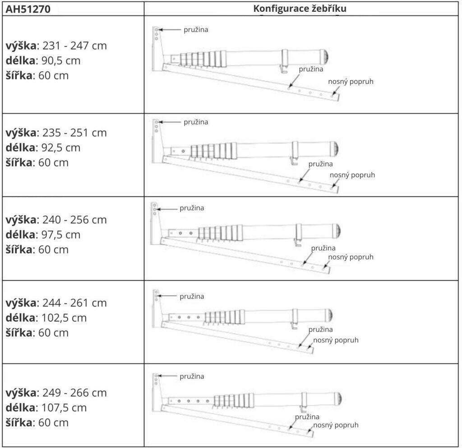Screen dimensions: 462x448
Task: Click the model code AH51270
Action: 28,9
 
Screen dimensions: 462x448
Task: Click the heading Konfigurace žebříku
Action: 300,9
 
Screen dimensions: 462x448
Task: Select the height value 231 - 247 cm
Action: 74,46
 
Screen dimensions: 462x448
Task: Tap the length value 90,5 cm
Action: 61,60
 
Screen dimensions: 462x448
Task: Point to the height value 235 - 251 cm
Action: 74,133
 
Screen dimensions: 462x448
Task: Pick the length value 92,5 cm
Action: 61,148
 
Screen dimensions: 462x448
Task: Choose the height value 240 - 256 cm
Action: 74,220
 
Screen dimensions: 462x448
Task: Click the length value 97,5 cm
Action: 61,235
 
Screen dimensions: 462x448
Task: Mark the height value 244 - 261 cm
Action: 74,303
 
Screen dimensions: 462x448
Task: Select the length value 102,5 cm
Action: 64,318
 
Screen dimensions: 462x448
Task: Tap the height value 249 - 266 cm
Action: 74,393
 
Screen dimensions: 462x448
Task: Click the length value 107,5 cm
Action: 64,408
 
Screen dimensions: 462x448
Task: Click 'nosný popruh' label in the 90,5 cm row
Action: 351,82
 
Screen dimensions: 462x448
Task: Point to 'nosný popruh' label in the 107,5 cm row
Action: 336,425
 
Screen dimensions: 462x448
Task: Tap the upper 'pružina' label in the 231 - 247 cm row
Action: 196,30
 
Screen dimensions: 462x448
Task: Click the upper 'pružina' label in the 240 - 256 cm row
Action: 192,208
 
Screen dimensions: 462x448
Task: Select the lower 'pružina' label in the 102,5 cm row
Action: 321,330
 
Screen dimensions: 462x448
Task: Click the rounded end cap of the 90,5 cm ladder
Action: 325,57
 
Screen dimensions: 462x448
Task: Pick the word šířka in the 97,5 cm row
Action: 20,249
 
